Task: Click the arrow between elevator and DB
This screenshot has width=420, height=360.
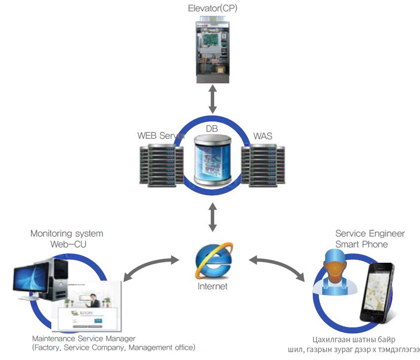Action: (x=213, y=101)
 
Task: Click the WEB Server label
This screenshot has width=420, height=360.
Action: (x=161, y=135)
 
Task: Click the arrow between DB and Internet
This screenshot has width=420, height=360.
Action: (x=213, y=217)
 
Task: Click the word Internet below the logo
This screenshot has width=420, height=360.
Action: (x=213, y=286)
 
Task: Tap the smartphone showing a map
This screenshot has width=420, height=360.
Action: (x=376, y=293)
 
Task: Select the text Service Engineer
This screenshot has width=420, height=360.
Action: (x=370, y=233)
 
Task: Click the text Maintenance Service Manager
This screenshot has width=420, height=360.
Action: (x=83, y=339)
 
